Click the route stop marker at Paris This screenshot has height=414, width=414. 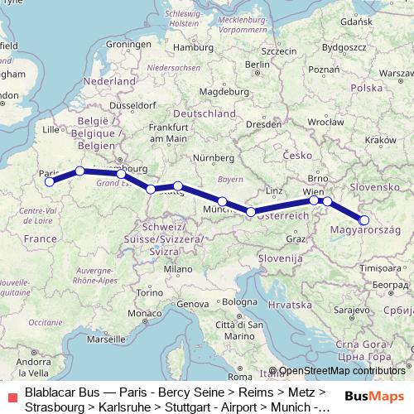click(50, 181)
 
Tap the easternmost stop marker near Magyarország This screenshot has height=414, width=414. click(364, 219)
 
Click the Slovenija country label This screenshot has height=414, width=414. click(277, 259)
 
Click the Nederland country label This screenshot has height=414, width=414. click(108, 84)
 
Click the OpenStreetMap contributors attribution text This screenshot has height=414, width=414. click(342, 372)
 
